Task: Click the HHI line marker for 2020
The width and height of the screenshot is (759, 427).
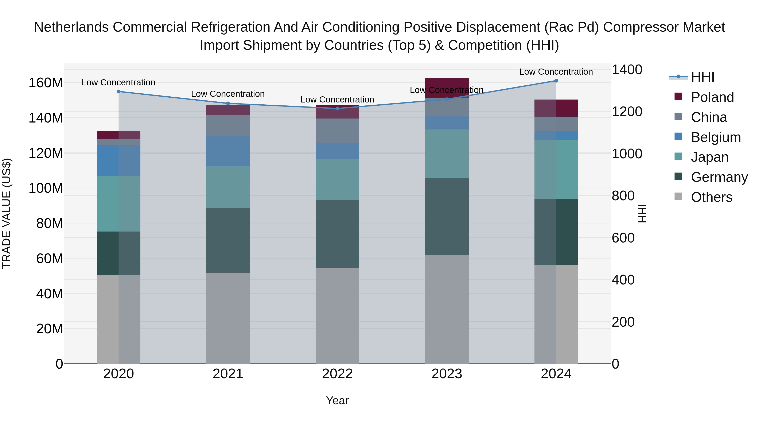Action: pos(118,92)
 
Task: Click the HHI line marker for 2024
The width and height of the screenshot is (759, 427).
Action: pos(556,81)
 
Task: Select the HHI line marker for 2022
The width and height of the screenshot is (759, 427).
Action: pos(337,108)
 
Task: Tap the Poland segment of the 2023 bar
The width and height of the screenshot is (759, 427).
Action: pos(447,88)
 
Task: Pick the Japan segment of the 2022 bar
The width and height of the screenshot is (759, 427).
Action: pos(337,180)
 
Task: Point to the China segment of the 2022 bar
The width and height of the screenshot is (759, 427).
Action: pos(337,131)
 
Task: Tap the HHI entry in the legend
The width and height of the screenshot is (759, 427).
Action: pos(702,77)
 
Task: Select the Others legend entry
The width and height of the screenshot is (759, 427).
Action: pos(711,197)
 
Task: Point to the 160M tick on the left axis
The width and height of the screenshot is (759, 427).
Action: pos(46,83)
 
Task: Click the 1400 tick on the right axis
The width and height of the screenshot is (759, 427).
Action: pos(627,70)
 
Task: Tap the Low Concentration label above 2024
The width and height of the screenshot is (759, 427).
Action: pos(556,72)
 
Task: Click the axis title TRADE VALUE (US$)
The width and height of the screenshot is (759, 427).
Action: pos(7,213)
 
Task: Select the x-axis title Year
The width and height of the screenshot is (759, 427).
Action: pos(337,400)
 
